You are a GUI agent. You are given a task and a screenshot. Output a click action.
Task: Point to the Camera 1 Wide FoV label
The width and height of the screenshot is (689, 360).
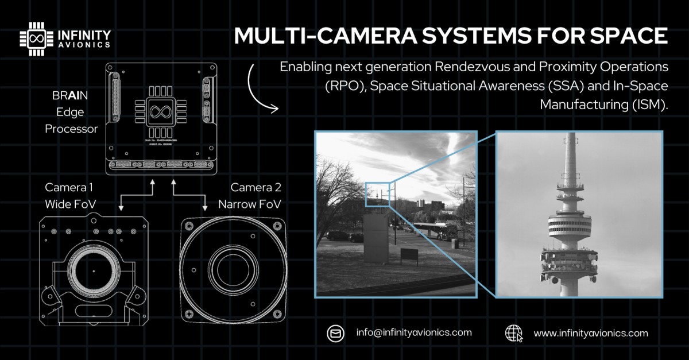(x=69, y=196)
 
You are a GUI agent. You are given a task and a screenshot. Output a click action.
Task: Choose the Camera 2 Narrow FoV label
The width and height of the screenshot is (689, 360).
(x=249, y=196)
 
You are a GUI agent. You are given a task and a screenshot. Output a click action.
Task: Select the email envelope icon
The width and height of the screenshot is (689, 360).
(x=334, y=333)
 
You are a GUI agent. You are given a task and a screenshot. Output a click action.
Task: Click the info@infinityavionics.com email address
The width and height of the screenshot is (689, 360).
(x=414, y=332)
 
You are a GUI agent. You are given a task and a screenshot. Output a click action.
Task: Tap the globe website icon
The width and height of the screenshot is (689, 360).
(x=514, y=333)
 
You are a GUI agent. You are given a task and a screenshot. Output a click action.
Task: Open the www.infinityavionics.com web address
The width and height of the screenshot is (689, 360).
(x=591, y=333)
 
